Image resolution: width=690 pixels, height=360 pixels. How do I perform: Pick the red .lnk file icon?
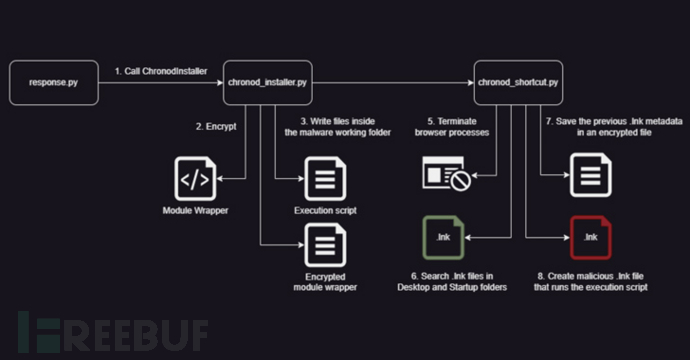pos(590,238)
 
